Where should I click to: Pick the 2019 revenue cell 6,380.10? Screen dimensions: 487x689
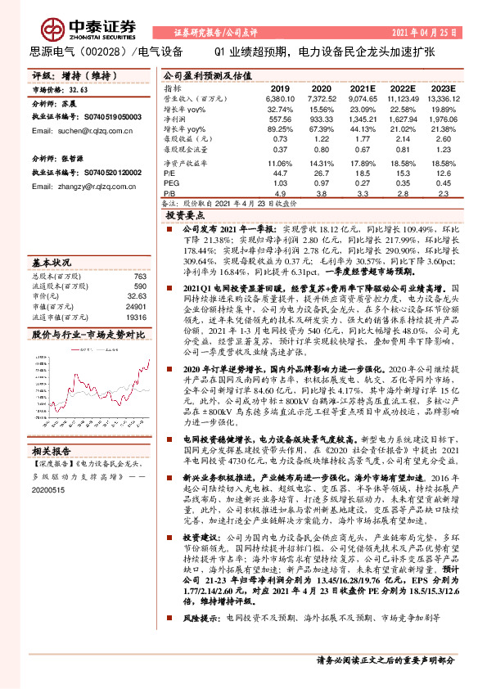coord(280,97)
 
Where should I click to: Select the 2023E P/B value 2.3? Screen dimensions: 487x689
coord(443,194)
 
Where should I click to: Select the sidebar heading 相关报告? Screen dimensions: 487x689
coord(52,450)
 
